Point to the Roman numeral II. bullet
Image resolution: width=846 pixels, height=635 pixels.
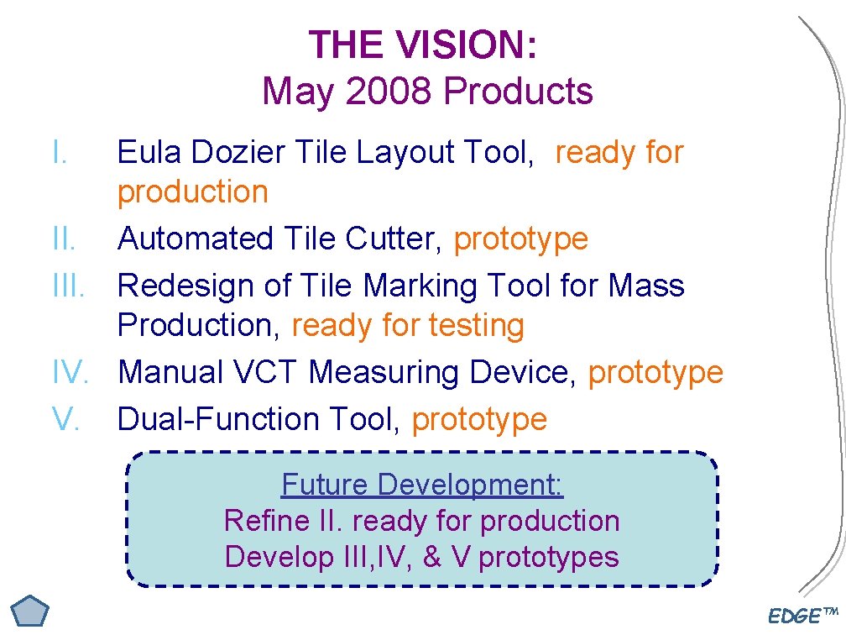(64, 239)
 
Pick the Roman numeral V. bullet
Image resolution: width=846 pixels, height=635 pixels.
(65, 418)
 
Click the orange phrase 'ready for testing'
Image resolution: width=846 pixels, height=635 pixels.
(408, 325)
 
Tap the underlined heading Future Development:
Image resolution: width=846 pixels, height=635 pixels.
(422, 485)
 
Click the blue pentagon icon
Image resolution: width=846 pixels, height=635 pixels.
(30, 612)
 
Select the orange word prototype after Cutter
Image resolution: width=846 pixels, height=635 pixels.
(521, 239)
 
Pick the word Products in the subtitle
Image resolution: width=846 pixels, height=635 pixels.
(519, 92)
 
